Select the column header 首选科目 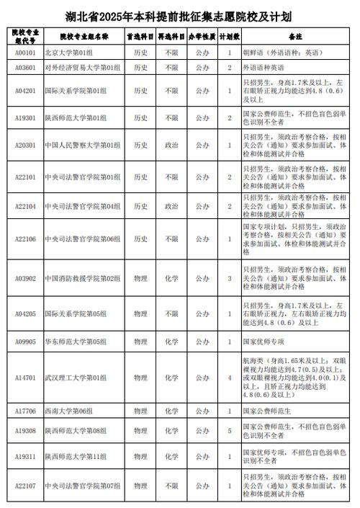click(x=140, y=35)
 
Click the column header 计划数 click(x=229, y=35)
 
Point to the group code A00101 click(x=25, y=53)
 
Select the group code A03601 click(x=25, y=68)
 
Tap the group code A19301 click(x=25, y=117)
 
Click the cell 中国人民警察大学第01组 click(x=78, y=145)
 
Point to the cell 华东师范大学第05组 click(x=76, y=342)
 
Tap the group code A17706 click(x=25, y=411)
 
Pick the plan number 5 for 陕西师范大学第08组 click(x=229, y=431)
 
